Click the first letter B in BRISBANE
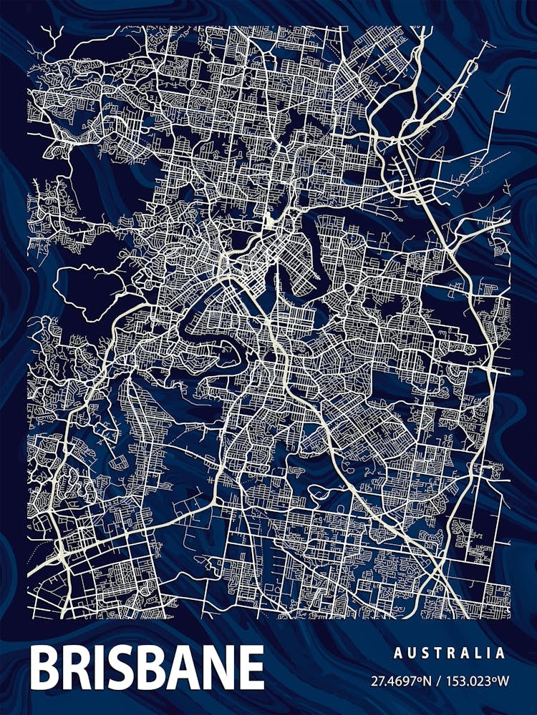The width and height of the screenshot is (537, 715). [45, 668]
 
